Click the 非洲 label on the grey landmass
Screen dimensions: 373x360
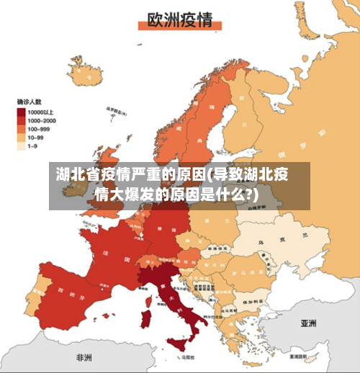(84, 357)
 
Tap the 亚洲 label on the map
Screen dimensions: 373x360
(309, 323)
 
